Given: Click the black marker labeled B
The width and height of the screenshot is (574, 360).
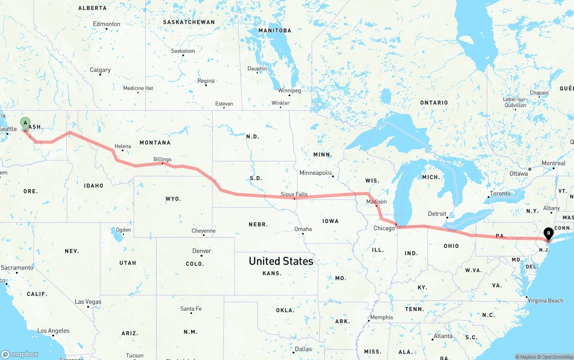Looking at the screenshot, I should click(x=548, y=233).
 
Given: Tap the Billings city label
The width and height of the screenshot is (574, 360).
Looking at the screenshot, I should click(x=162, y=159).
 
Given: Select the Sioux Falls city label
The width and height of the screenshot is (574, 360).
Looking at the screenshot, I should click(x=294, y=194).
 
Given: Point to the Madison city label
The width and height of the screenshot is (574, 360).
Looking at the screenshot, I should click(x=376, y=202).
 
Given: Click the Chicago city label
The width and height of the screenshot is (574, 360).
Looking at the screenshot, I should click(x=384, y=228).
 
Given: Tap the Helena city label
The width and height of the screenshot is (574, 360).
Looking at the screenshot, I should click(x=122, y=146).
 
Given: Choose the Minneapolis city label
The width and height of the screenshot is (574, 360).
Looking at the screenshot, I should click(x=316, y=173).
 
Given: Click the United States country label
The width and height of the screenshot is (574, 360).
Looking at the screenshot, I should click(x=281, y=261).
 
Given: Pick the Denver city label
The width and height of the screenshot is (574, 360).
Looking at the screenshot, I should click(x=201, y=251).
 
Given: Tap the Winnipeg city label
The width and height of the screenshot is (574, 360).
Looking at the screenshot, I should click(x=289, y=91).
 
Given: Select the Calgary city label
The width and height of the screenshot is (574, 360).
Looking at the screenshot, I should click(x=100, y=70).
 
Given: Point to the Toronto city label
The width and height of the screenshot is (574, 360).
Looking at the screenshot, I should click(x=500, y=194).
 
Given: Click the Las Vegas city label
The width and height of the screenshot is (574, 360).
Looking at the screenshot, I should click(x=88, y=302).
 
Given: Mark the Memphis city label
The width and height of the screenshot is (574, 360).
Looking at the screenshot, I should click(x=381, y=317).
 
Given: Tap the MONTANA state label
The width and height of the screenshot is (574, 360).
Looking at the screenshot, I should click(x=155, y=143).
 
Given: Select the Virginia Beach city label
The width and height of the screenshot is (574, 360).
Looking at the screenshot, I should click(x=545, y=300).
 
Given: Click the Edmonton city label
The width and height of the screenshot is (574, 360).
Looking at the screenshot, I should click(x=106, y=24).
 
